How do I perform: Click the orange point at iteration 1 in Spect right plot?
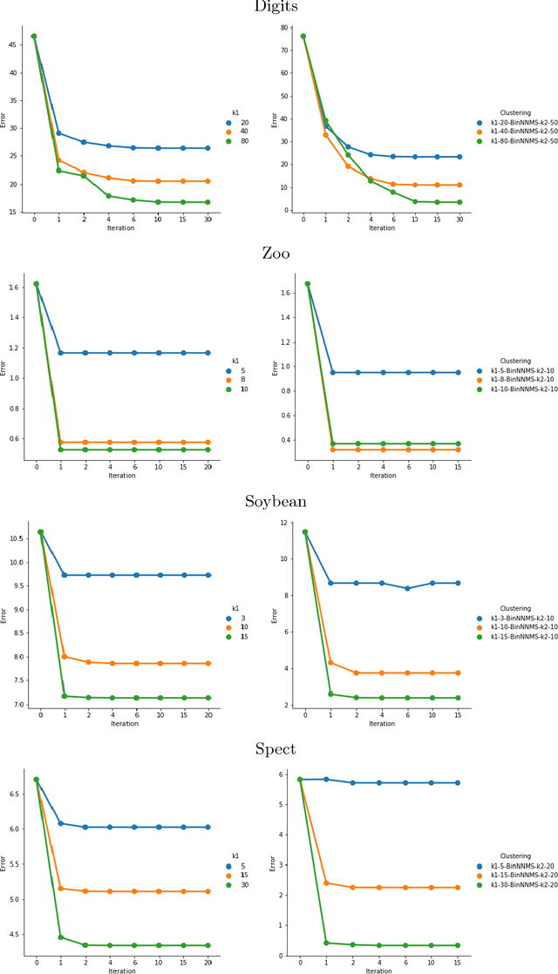tap(326, 883)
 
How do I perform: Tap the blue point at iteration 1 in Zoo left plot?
tap(61, 353)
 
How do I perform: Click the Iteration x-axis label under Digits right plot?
tap(381, 228)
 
